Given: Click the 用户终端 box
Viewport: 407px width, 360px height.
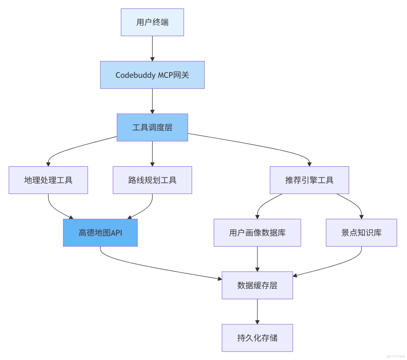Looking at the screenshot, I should point(152,22).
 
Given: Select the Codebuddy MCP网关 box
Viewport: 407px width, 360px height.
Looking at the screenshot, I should point(152,75).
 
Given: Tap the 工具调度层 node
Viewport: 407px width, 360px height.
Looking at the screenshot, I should point(152,128).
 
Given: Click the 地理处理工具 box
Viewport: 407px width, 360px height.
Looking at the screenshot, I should point(48,180).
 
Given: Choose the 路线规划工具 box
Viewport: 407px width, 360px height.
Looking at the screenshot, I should point(152,180).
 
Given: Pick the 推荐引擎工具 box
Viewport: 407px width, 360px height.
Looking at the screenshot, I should point(309,180).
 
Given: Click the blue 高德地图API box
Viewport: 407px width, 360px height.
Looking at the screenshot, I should point(100,233).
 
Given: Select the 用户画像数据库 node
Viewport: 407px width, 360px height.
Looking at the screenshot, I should point(257,233).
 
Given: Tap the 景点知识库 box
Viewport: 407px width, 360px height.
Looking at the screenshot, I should point(361,233).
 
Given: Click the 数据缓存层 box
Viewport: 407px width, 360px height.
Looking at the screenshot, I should point(257,285).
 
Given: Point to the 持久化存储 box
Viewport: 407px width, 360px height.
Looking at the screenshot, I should point(257,338).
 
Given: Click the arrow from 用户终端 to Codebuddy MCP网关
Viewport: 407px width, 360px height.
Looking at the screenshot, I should point(152,48).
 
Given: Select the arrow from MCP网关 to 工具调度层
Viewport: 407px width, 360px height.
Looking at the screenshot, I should point(152,101).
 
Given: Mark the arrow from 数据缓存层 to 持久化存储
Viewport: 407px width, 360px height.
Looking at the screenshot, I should point(257,311).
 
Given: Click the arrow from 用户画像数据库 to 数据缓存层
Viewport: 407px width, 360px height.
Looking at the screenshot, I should point(257,259).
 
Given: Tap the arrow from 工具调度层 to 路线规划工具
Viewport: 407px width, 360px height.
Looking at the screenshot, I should point(152,153).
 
